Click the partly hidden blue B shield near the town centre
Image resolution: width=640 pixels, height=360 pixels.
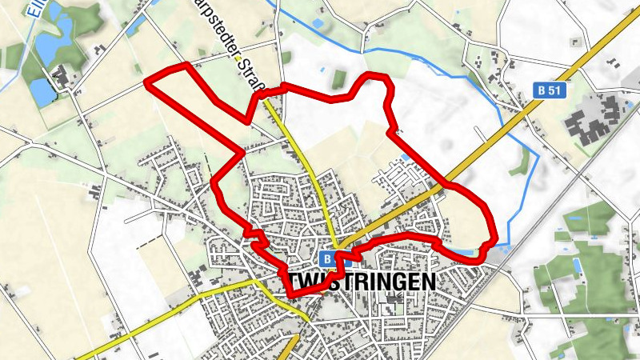pyautogui.click(x=327, y=258)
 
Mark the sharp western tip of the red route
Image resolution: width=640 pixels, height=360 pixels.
pyautogui.click(x=147, y=82)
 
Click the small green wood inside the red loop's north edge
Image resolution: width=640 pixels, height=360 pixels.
pyautogui.click(x=339, y=78)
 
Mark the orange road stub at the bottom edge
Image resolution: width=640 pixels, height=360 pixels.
pyautogui.click(x=289, y=350)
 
